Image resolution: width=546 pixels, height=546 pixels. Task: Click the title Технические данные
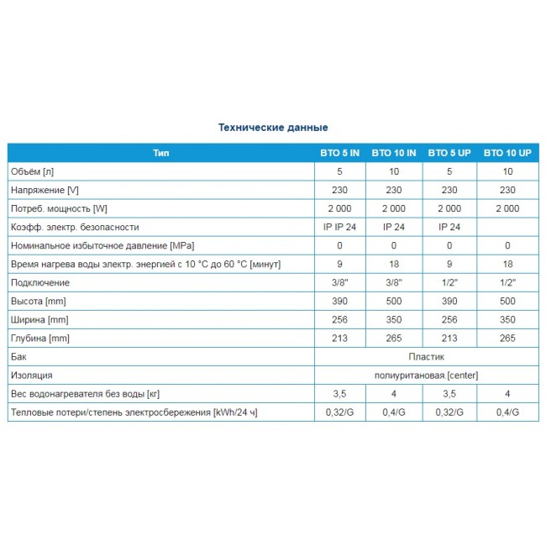(x=273, y=128)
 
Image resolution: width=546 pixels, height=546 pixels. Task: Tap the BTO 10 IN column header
(x=393, y=153)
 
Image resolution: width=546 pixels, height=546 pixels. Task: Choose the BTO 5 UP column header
(x=449, y=153)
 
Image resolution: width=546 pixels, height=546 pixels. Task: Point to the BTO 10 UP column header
(x=507, y=153)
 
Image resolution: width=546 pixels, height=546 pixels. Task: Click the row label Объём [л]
(x=31, y=171)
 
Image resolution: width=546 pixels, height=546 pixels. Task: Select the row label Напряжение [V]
(x=44, y=190)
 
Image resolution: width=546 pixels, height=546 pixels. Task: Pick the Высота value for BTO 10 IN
(x=393, y=301)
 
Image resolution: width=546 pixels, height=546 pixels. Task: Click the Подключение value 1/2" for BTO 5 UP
(x=449, y=282)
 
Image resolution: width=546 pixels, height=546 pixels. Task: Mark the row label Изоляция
(x=31, y=375)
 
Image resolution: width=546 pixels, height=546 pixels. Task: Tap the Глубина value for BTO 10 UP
(x=507, y=338)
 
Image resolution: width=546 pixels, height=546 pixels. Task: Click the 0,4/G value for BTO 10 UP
(x=507, y=412)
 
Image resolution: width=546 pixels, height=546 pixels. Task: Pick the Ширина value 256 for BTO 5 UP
(x=449, y=319)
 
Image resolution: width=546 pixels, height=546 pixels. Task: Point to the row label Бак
(x=18, y=356)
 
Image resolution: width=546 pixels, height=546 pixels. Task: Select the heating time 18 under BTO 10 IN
(x=393, y=264)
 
